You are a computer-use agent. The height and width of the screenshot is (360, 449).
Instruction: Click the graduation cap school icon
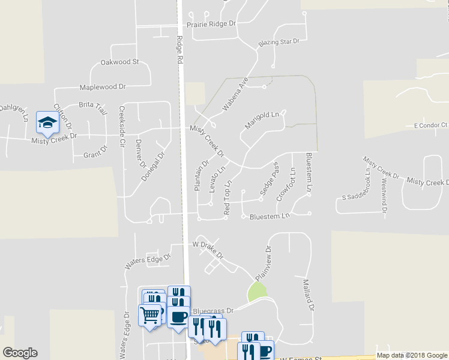(47, 123)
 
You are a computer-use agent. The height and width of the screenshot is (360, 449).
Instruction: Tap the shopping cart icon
(150, 314)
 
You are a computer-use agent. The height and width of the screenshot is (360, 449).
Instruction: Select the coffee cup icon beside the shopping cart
(178, 317)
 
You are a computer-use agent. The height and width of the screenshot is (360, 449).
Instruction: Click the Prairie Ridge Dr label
(211, 24)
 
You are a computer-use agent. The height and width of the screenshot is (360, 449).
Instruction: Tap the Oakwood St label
(119, 62)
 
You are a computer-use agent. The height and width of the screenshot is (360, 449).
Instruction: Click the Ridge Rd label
(179, 50)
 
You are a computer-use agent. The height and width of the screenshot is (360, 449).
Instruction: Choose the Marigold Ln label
(262, 120)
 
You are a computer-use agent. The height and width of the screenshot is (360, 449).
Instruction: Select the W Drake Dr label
(208, 248)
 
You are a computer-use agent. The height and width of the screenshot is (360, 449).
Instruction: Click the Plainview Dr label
(264, 264)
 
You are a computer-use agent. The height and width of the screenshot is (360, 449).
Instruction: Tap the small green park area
(256, 293)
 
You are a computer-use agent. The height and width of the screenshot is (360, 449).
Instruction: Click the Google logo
(20, 353)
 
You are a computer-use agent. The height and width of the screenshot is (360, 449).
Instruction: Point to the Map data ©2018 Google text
(412, 356)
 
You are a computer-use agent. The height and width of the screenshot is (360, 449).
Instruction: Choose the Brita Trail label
(93, 108)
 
